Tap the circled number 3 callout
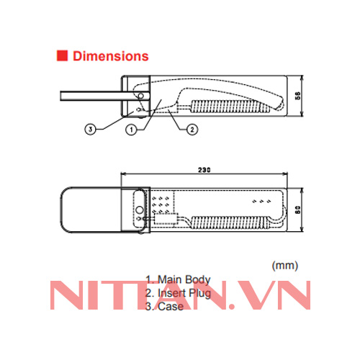click(x=91, y=130)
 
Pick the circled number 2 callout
click(x=192, y=130)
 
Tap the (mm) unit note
click(x=284, y=266)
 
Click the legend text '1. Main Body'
click(x=178, y=279)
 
